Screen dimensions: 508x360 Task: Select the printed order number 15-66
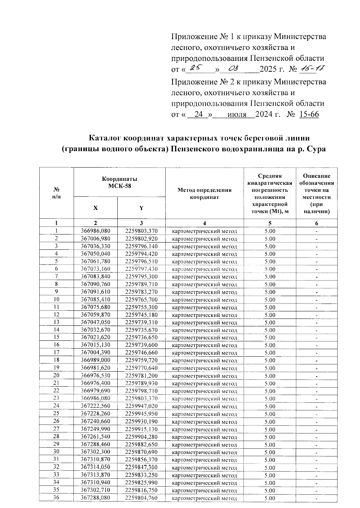309,115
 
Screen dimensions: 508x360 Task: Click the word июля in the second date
237,115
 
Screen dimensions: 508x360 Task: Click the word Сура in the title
316,149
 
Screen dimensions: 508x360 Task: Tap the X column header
95,208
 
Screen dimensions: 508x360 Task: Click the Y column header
141,208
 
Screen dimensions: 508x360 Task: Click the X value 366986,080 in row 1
96,231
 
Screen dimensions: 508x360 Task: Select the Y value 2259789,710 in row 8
141,284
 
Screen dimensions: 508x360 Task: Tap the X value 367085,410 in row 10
96,300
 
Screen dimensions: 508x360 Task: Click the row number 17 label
56,352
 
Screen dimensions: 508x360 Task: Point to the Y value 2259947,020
141,406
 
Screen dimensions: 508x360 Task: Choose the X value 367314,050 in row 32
96,467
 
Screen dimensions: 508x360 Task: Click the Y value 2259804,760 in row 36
141,498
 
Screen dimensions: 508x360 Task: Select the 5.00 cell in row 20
270,376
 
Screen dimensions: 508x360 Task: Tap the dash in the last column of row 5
316,262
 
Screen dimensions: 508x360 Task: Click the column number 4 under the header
204,223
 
